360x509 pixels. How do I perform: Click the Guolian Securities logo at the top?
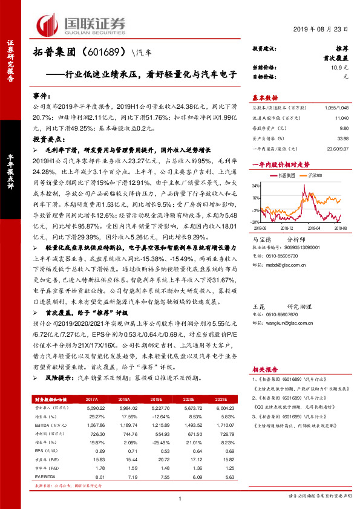click(82, 24)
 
